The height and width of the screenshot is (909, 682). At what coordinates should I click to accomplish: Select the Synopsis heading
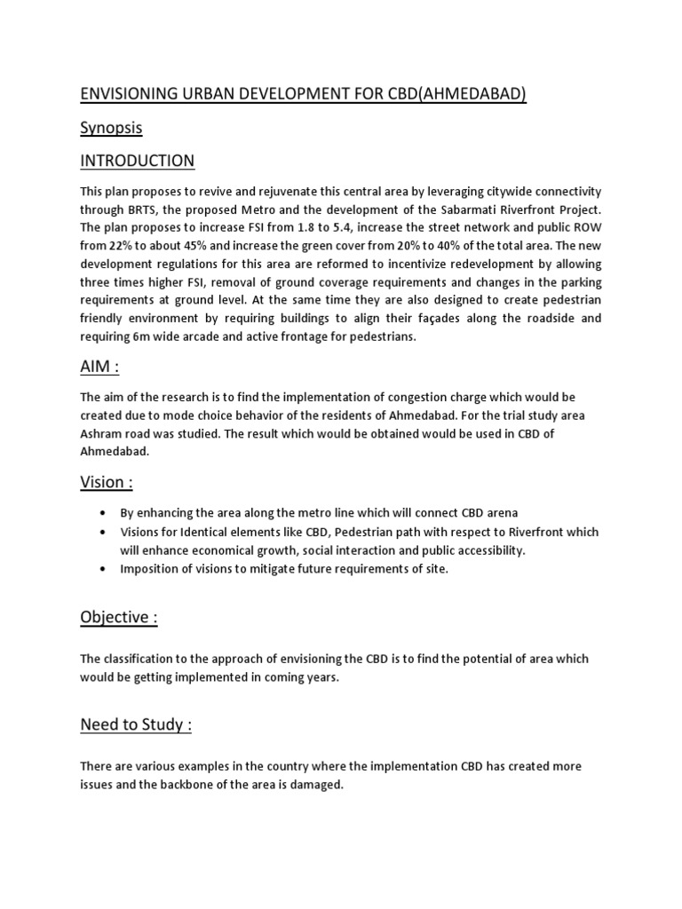111,128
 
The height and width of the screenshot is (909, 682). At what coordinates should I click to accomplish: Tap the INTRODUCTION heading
137,161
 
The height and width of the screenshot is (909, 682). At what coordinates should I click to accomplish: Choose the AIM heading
100,367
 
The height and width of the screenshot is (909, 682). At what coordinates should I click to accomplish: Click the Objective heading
119,617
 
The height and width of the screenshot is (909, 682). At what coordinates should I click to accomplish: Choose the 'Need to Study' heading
135,725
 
